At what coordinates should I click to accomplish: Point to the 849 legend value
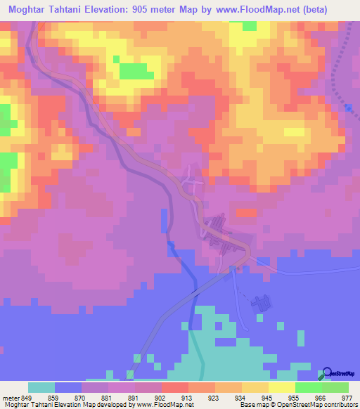point(27,397)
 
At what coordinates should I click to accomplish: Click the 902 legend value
point(161,397)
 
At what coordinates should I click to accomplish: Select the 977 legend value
point(348,397)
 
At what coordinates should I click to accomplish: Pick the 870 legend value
point(81,397)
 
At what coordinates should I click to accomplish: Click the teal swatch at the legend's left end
point(41,387)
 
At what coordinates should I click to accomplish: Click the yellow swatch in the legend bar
point(281,387)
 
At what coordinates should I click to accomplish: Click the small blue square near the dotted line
point(349,107)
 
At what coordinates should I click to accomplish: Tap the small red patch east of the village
point(247,213)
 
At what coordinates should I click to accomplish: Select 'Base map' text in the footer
point(252,405)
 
